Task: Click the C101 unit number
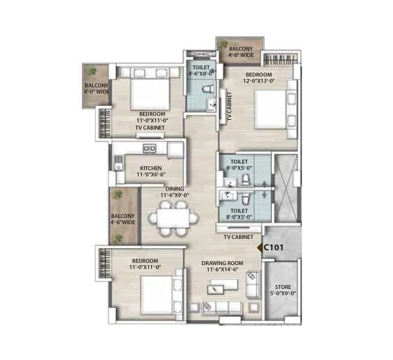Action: click(x=273, y=247)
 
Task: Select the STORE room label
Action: click(x=283, y=287)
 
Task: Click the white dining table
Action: click(x=173, y=218)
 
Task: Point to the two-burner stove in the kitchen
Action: click(x=149, y=148)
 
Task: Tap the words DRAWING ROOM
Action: click(x=222, y=263)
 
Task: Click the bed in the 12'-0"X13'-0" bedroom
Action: click(x=271, y=109)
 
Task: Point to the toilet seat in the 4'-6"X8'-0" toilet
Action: click(x=208, y=89)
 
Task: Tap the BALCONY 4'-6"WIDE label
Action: click(x=123, y=219)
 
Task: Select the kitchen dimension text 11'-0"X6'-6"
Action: click(x=151, y=174)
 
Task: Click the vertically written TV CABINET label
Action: click(x=229, y=106)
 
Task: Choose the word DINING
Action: click(x=175, y=189)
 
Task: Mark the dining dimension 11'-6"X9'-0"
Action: click(x=175, y=195)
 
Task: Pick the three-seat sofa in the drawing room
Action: click(x=222, y=307)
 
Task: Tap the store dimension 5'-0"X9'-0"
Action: click(x=283, y=293)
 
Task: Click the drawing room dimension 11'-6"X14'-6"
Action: click(x=222, y=269)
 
